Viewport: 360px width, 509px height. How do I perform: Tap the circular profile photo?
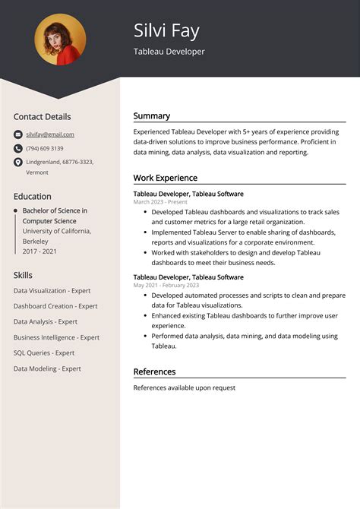(x=60, y=40)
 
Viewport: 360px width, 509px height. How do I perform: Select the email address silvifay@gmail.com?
(x=50, y=134)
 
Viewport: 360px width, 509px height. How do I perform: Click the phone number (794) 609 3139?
(x=45, y=148)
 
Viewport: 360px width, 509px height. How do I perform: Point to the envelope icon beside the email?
(x=18, y=134)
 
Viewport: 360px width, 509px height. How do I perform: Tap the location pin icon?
(x=18, y=163)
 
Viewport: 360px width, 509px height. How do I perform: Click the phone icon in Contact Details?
(x=18, y=148)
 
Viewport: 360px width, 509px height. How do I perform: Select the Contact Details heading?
(x=42, y=117)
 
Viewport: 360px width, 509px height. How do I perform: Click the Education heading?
(x=33, y=196)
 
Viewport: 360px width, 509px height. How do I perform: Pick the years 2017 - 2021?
(x=40, y=251)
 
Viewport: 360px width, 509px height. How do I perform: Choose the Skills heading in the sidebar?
(x=23, y=275)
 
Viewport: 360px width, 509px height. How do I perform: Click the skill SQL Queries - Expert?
(x=44, y=353)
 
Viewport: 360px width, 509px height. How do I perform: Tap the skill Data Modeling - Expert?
(x=47, y=368)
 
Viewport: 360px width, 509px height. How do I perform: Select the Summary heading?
(x=152, y=116)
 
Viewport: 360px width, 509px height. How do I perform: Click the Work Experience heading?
(x=166, y=178)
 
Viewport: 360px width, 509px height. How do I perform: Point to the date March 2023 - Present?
(x=159, y=202)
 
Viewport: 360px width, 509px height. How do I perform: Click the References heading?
(x=154, y=371)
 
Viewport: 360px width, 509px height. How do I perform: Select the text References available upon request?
(x=185, y=387)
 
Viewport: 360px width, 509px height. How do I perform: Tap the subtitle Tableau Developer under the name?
(x=169, y=52)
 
